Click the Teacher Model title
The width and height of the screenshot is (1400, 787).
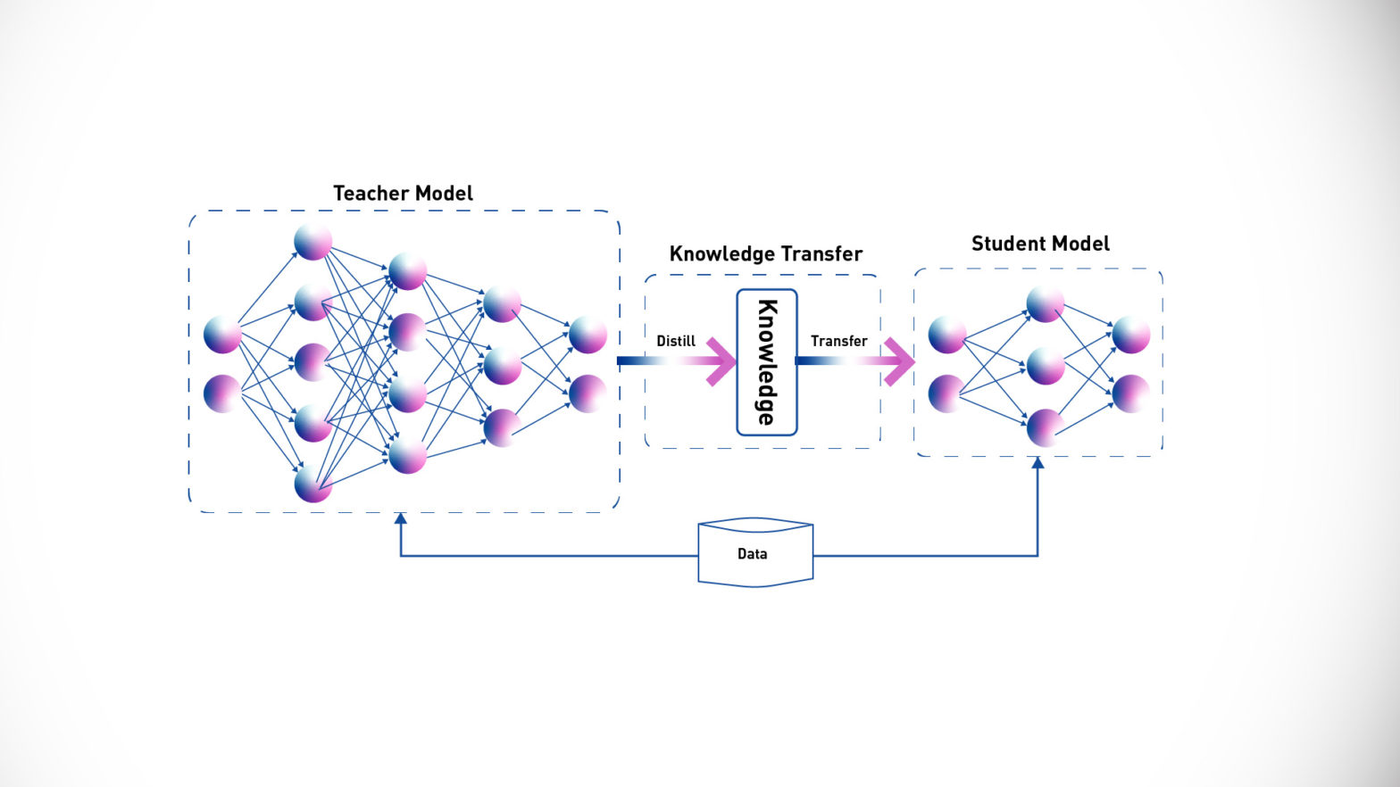click(403, 194)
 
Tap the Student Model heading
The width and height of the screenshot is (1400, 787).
click(1040, 244)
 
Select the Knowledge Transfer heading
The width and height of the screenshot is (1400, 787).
click(765, 254)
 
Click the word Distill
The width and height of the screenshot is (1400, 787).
click(676, 341)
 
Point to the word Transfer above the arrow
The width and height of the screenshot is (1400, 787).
click(838, 341)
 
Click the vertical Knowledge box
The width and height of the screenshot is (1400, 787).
click(766, 362)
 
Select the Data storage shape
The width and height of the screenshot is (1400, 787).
click(755, 553)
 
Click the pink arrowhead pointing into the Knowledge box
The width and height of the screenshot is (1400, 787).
click(721, 361)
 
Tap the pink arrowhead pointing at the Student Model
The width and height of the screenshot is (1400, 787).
click(900, 361)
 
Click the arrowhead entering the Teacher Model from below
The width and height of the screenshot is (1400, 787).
click(401, 518)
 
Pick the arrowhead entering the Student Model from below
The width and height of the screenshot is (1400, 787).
click(1037, 462)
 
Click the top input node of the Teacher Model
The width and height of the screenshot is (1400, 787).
click(222, 335)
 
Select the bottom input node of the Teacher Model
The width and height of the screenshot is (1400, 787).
click(222, 393)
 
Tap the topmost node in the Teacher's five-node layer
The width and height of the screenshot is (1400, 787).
click(313, 242)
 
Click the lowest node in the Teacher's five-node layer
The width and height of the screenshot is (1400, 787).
click(313, 485)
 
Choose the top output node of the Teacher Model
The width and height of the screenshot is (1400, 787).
click(587, 335)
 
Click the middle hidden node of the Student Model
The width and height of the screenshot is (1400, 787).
click(1045, 366)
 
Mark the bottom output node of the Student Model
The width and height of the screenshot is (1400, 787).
click(1130, 393)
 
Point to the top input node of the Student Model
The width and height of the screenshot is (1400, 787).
click(946, 335)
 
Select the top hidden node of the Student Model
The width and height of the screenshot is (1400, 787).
click(1045, 304)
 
